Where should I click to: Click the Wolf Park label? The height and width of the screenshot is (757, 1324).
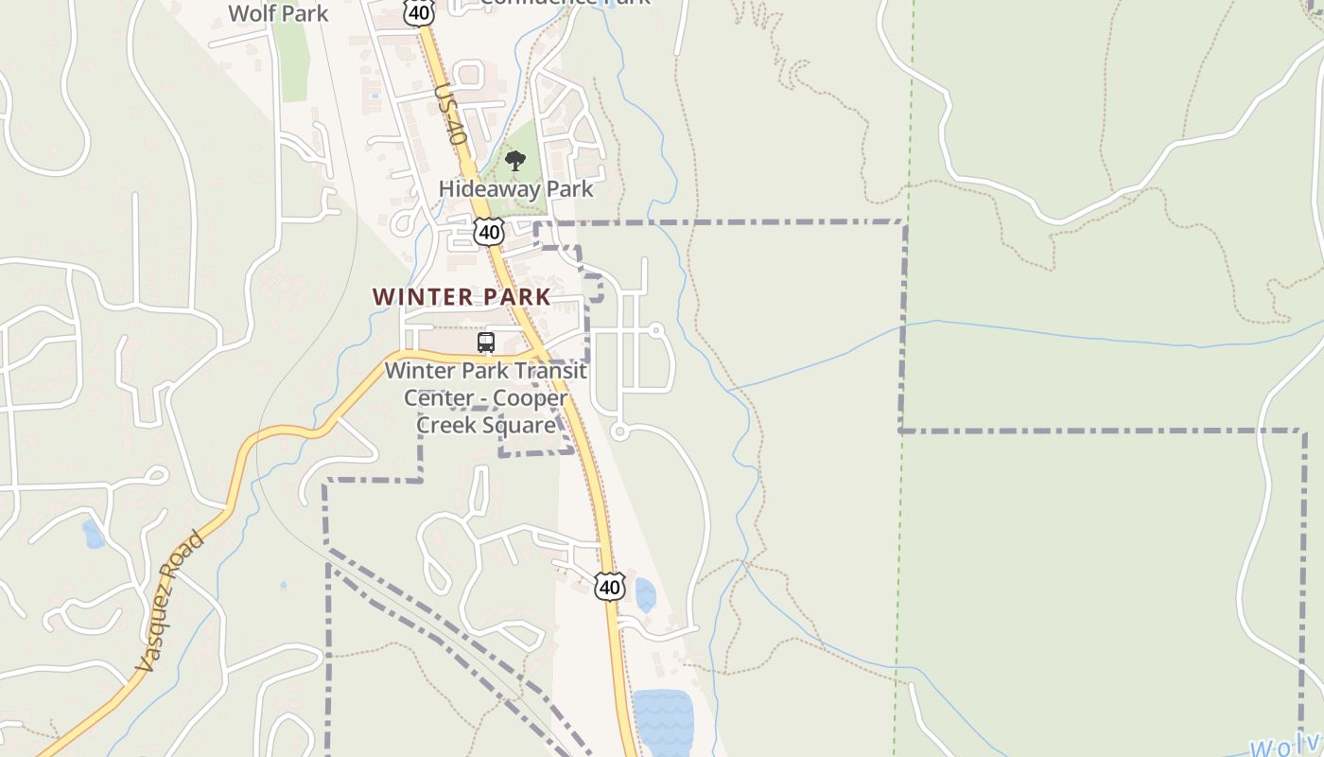279,13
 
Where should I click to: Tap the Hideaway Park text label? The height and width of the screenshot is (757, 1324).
515,188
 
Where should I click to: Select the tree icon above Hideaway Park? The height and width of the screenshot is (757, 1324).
514,161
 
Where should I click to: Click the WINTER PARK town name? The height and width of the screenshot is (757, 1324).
462,296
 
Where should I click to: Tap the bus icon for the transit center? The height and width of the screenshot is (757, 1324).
486,343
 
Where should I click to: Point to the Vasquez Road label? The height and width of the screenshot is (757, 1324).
169,603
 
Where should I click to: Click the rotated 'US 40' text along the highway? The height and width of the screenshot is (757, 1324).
451,114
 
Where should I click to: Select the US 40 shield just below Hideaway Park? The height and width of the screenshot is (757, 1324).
489,231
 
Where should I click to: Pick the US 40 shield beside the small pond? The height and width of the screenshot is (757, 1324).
610,587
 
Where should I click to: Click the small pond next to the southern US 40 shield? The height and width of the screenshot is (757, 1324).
645,595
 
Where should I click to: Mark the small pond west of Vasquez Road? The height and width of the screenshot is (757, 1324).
93,534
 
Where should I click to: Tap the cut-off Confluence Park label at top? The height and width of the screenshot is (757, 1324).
565,3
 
